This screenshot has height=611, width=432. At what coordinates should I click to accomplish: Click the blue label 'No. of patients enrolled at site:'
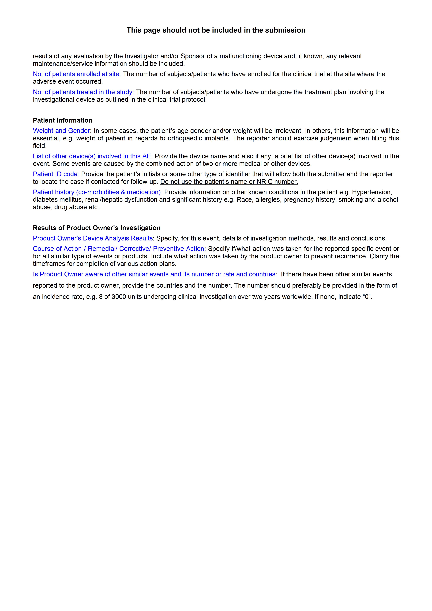click(77, 74)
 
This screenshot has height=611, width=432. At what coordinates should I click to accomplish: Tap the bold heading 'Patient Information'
click(63, 120)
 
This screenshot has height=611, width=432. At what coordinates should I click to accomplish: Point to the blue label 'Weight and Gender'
click(61, 131)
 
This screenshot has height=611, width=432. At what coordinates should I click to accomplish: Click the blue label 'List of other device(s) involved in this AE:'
click(93, 156)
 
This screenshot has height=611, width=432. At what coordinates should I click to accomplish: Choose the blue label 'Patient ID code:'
click(56, 174)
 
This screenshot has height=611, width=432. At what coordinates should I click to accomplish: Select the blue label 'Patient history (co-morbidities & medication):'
click(97, 192)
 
